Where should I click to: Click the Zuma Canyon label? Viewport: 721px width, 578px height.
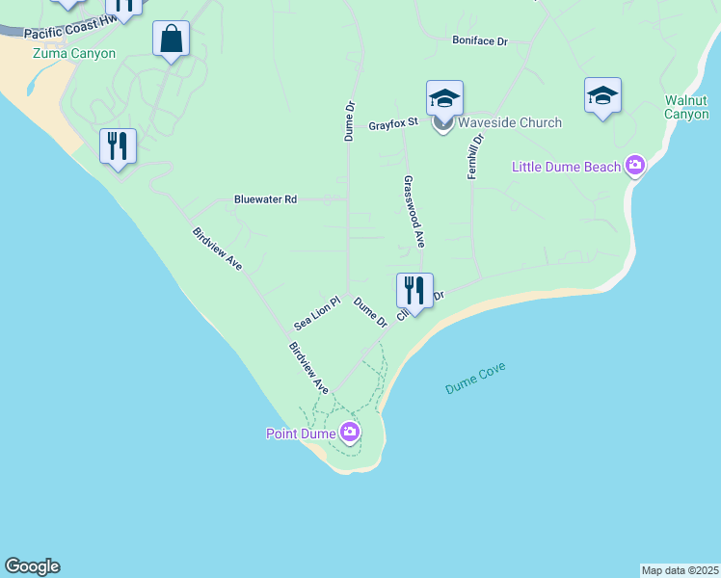[x=74, y=54]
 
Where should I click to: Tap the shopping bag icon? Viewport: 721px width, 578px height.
[x=171, y=39]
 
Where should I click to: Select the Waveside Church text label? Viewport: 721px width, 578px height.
[x=510, y=122]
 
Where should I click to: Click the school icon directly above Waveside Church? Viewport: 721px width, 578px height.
[x=444, y=98]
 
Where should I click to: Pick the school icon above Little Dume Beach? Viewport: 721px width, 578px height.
[x=601, y=95]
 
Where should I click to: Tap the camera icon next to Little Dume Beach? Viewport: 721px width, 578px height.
[x=634, y=167]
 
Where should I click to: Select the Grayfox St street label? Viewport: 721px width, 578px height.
[x=392, y=125]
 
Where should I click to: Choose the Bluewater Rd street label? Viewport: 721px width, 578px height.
[x=265, y=199]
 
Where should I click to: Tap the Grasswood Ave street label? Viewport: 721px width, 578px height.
[x=414, y=212]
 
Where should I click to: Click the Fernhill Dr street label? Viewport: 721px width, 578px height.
[x=477, y=152]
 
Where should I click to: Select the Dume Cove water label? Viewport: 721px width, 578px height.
[x=475, y=377]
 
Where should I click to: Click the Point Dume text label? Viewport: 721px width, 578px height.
[x=301, y=433]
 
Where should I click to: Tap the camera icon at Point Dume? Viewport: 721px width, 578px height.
[x=349, y=433]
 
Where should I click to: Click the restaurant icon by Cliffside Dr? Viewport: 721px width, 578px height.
[x=414, y=290]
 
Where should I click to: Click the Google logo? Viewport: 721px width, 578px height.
[x=32, y=566]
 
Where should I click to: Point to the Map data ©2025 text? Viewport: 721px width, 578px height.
[x=680, y=570]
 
